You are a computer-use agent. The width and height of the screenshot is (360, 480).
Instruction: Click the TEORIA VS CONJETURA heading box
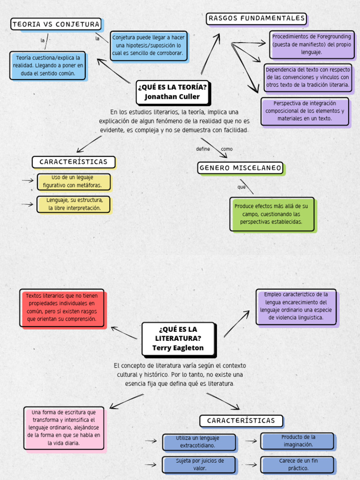pos(56,24)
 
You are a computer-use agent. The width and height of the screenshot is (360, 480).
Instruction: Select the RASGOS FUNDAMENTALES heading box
pos(256,19)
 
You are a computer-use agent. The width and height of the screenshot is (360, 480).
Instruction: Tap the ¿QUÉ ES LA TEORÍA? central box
pos(172,92)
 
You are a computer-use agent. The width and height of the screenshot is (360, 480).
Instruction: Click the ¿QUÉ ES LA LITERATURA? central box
pos(178,338)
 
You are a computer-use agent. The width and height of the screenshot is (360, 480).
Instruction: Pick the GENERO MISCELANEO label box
pos(240,168)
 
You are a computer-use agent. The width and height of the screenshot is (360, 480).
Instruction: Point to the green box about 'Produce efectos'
pos(271,214)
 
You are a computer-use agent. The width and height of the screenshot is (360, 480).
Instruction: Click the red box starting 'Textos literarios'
pos(61,307)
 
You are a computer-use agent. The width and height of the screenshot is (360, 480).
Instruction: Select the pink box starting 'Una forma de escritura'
pos(64,427)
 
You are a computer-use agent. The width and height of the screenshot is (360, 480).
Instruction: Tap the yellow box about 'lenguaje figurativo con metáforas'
pos(74,181)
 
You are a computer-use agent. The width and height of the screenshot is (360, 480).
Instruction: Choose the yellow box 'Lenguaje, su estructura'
pos(74,204)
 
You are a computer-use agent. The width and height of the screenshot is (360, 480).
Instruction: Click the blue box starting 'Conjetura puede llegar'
pos(149,45)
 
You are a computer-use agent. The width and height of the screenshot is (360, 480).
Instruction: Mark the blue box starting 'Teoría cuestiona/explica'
pos(48,65)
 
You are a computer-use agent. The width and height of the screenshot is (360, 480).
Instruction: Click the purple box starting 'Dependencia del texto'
pos(307,77)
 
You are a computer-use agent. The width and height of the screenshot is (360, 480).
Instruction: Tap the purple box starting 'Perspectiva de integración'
pos(305,111)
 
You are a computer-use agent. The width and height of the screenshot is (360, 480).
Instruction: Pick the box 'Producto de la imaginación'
pos(298,441)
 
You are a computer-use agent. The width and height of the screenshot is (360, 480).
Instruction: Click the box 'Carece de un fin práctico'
pos(298,464)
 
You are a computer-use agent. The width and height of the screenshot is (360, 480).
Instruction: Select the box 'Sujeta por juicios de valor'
pos(199,464)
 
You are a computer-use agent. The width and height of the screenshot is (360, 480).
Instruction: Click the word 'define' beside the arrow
pos(203,149)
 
